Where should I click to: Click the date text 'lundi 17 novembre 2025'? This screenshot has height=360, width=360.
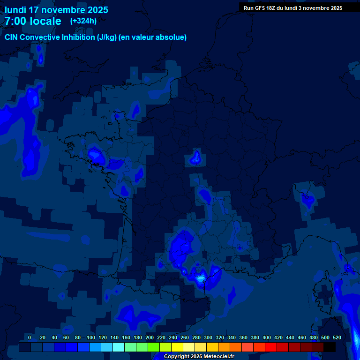56,10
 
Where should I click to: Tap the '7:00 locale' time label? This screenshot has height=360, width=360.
33,21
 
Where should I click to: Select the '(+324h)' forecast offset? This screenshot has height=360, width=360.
83,21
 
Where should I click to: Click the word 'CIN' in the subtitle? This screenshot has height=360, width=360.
12,37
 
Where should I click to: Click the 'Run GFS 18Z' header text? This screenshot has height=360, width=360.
259,8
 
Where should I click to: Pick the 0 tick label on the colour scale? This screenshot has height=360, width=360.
30,337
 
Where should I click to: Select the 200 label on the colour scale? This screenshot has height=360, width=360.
150,337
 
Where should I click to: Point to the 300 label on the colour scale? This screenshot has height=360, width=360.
208,337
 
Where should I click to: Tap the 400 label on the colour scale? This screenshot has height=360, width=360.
267,337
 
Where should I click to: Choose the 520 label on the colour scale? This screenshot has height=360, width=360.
337,337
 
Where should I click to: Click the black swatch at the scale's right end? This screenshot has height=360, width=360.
330,347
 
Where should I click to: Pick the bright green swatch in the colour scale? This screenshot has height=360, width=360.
153,347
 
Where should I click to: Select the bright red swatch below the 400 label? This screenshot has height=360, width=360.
270,347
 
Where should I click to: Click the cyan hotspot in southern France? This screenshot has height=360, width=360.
201,279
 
